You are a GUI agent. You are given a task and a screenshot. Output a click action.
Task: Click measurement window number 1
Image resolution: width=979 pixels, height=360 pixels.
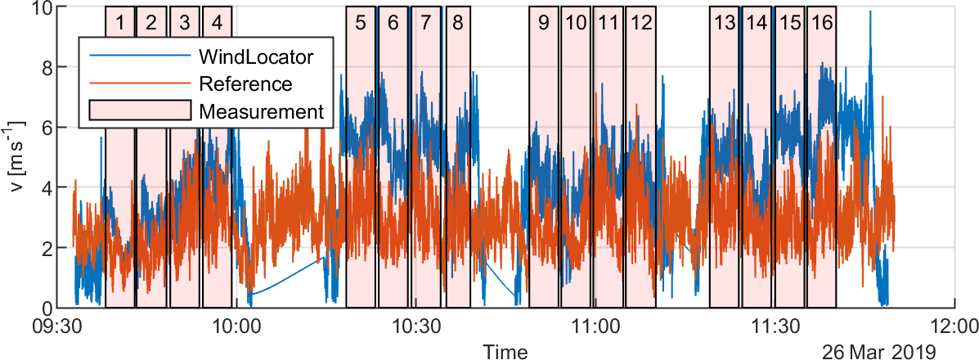pyautogui.click(x=120, y=23)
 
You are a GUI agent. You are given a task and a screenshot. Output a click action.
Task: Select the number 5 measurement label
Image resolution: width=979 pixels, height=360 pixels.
pyautogui.click(x=361, y=23)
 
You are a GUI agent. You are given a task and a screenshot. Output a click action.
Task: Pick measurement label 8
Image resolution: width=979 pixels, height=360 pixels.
pyautogui.click(x=457, y=23)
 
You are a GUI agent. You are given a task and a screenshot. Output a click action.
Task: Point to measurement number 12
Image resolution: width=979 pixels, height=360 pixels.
pyautogui.click(x=641, y=23)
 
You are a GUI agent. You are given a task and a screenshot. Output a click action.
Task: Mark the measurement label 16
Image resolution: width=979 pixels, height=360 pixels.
pyautogui.click(x=822, y=23)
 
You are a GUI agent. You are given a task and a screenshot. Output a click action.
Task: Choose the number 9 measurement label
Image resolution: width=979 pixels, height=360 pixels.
pyautogui.click(x=543, y=23)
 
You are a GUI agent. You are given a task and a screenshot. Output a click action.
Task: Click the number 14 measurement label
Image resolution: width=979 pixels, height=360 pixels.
pyautogui.click(x=756, y=23)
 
